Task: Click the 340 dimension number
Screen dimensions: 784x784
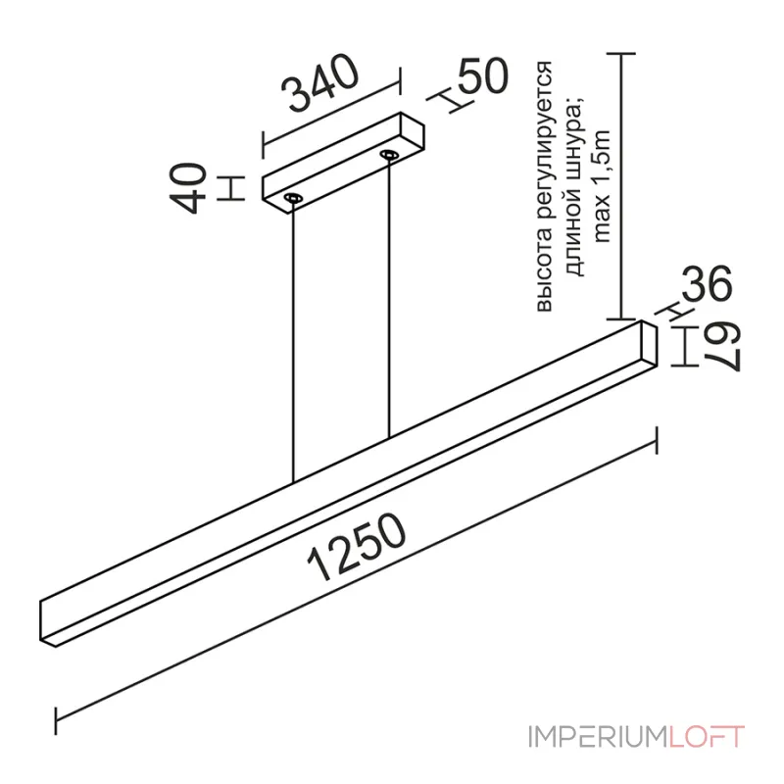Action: (x=320, y=81)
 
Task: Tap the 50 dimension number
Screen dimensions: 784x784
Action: (x=482, y=76)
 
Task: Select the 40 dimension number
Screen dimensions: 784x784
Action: (x=188, y=188)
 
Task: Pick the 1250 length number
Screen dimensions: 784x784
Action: (x=357, y=547)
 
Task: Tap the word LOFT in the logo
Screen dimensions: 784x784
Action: (x=707, y=737)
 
